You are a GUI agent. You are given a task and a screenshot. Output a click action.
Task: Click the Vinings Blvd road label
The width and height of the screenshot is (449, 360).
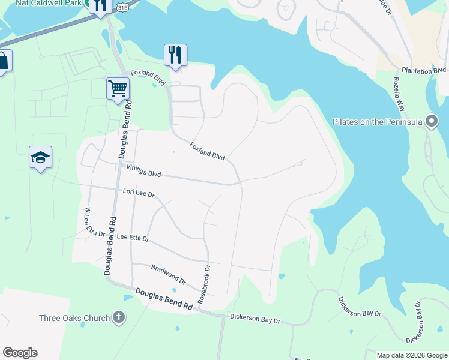(x=143, y=171)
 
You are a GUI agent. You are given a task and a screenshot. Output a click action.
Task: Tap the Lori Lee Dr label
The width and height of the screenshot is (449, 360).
(x=139, y=193)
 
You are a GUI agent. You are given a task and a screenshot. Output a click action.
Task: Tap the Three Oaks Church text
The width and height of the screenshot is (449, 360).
(x=74, y=319)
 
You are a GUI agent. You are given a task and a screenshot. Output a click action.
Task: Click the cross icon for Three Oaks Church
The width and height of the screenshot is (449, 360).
(x=119, y=317)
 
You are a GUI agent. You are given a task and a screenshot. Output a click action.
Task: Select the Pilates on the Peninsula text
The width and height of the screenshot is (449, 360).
(x=378, y=122)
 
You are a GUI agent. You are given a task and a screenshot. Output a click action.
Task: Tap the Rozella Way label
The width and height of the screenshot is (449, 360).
(x=400, y=93)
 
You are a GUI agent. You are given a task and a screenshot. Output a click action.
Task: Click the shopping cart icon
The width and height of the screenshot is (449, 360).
(x=118, y=88)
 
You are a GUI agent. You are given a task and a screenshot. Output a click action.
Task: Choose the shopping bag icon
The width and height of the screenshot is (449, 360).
(x=2, y=61)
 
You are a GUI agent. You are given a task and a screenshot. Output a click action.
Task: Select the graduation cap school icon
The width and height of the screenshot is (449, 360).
(x=40, y=157)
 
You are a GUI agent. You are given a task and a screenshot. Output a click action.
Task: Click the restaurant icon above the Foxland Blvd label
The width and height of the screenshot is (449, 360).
(x=175, y=55)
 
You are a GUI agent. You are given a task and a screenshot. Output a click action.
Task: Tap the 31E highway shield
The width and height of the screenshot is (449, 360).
(x=122, y=6)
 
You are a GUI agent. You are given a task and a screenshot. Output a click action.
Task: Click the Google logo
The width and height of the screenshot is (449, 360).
(x=20, y=353)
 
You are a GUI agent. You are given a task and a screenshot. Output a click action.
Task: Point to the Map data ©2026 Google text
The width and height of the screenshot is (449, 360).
(x=411, y=355)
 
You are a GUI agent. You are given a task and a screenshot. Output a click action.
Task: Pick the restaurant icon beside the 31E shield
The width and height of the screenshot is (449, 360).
(x=100, y=5)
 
